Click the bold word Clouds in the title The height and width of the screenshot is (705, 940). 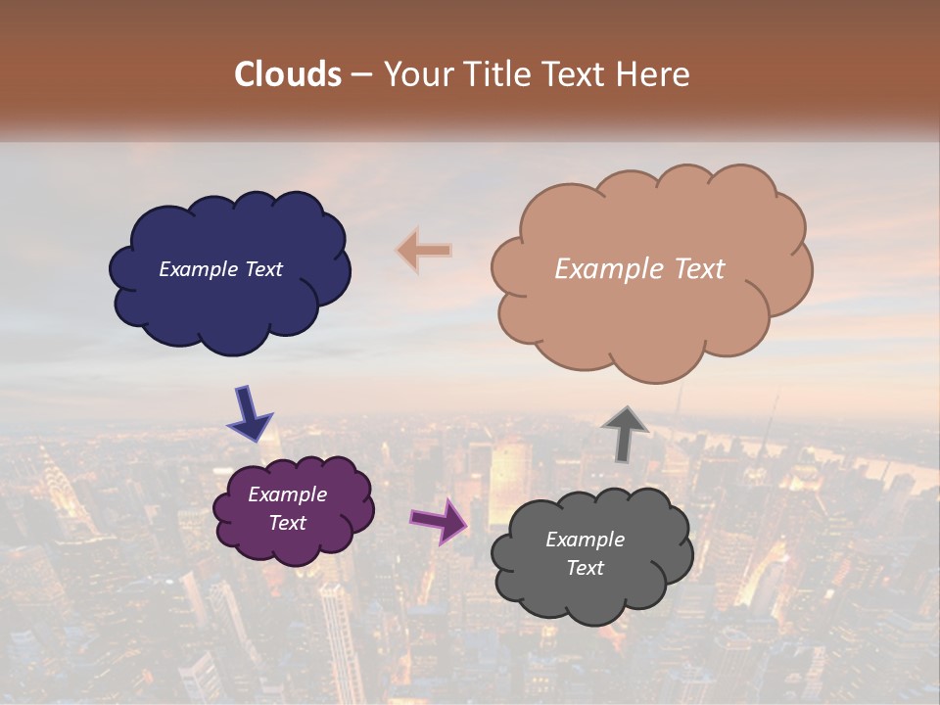288,74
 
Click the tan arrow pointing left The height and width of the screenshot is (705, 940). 424,251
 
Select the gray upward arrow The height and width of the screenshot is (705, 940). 625,433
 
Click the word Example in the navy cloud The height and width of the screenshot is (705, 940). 199,269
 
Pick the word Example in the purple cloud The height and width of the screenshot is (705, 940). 287,494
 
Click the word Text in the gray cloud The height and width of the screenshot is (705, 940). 585,568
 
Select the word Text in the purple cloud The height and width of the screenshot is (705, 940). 287,523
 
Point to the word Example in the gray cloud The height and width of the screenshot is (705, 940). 585,540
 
